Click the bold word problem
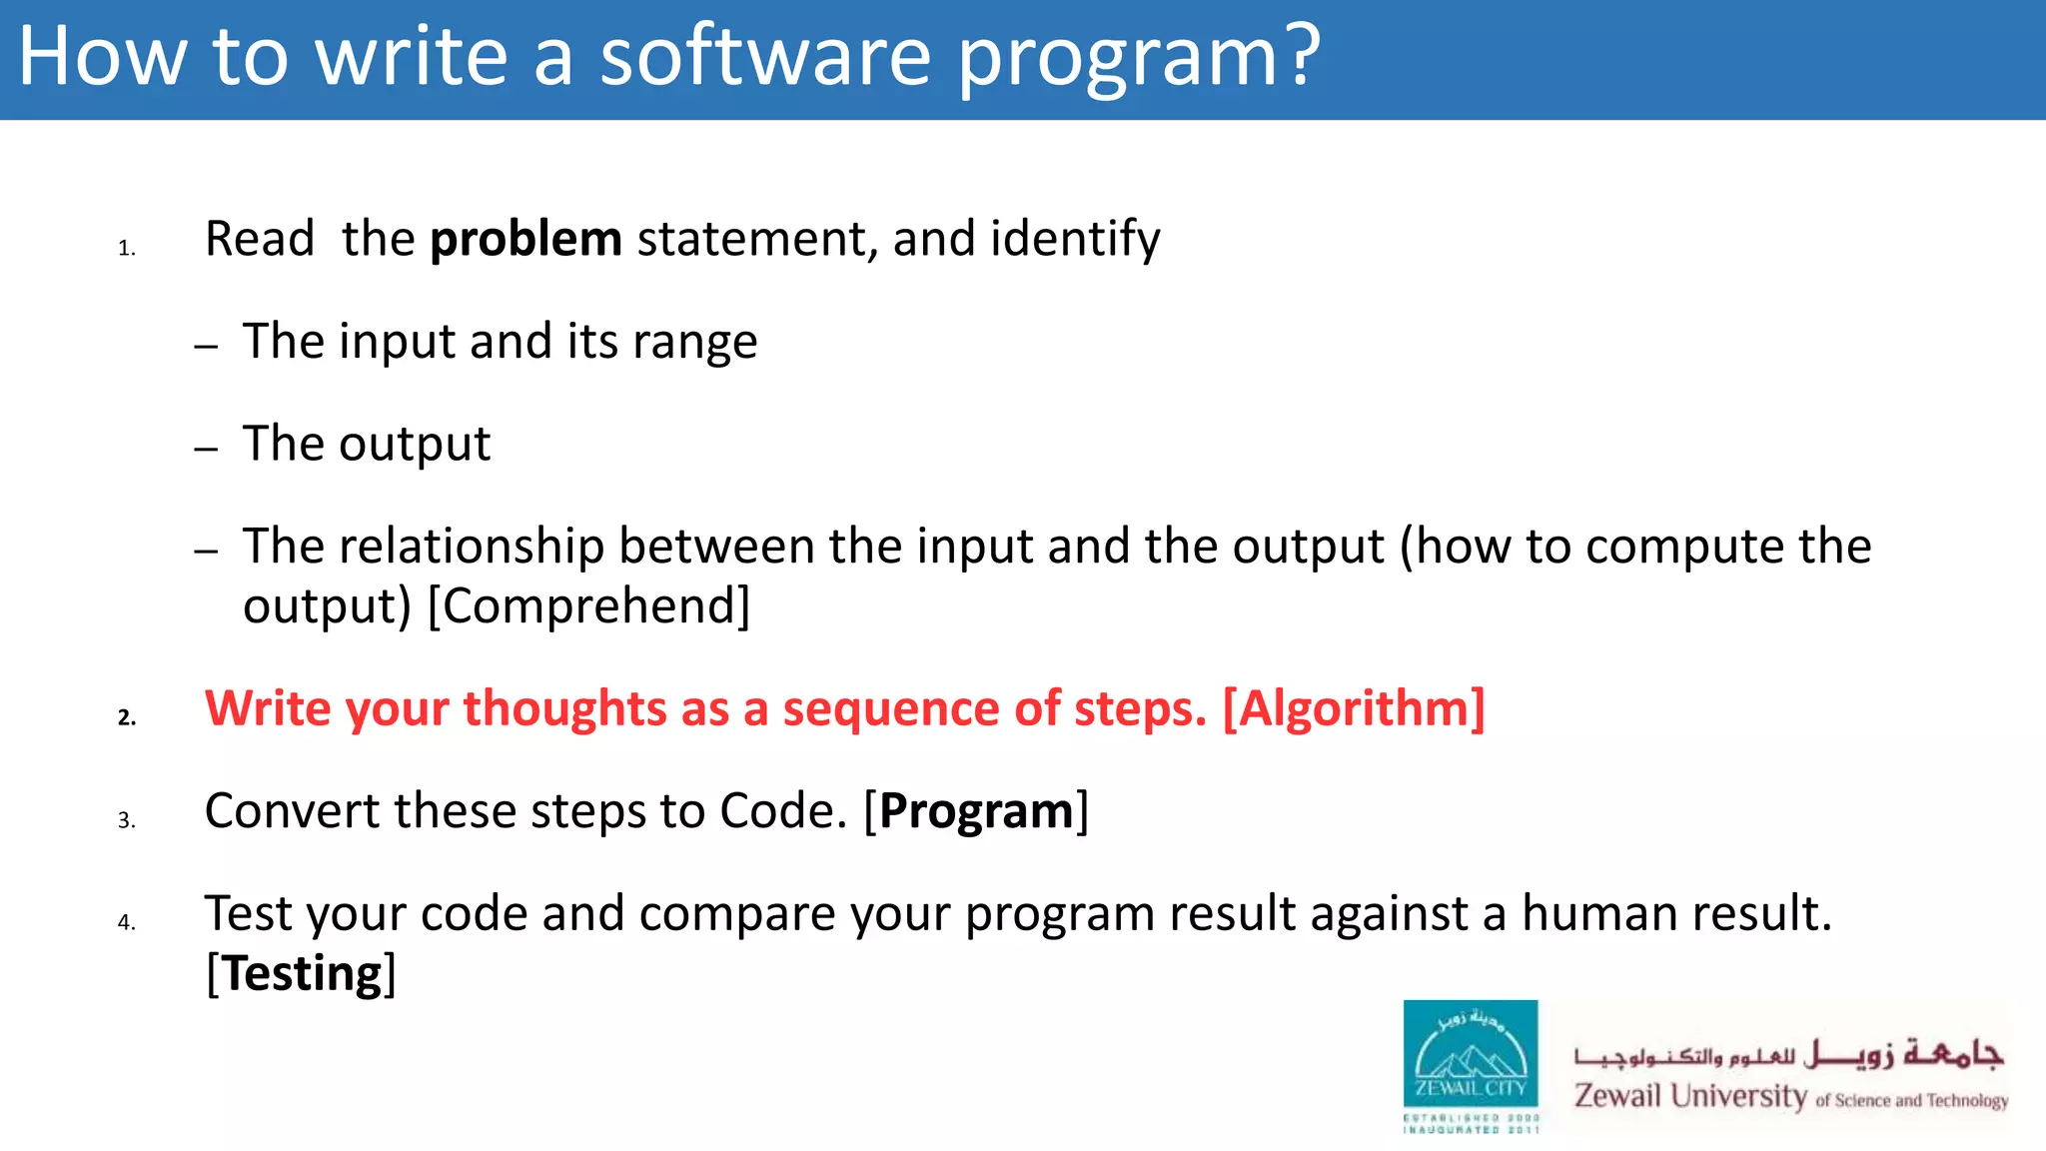tap(525, 240)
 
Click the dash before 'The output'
tap(207, 449)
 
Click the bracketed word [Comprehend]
tap(588, 605)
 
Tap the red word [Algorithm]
tap(1354, 708)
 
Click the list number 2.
tap(126, 717)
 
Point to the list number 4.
tap(126, 922)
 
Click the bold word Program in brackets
tap(976, 811)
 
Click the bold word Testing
tap(302, 973)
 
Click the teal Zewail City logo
tap(1470, 1065)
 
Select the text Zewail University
tap(1690, 1096)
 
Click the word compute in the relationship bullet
tap(1684, 547)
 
